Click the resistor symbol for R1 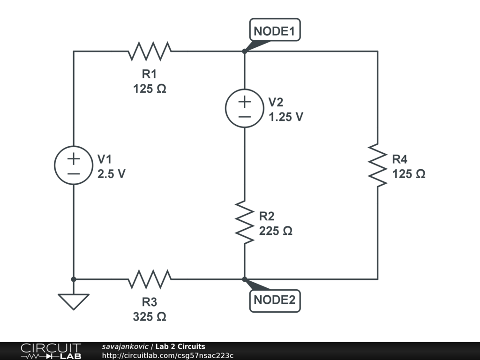(x=150, y=51)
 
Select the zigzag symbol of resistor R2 (x=244, y=222)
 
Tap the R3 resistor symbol (x=150, y=279)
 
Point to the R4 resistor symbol (x=377, y=165)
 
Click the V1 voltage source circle (x=74, y=165)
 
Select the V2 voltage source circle (x=244, y=108)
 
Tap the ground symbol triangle (x=74, y=300)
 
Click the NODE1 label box (x=274, y=31)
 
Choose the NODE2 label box (x=274, y=300)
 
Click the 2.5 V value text (x=112, y=174)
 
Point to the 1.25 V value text (x=286, y=117)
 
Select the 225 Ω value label (x=276, y=231)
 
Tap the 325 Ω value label (x=150, y=317)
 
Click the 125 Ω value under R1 (x=150, y=89)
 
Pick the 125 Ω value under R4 (x=409, y=174)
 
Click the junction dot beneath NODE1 (x=244, y=51)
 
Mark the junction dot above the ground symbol (x=74, y=279)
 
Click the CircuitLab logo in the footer (x=50, y=351)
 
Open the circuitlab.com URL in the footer (x=167, y=355)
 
